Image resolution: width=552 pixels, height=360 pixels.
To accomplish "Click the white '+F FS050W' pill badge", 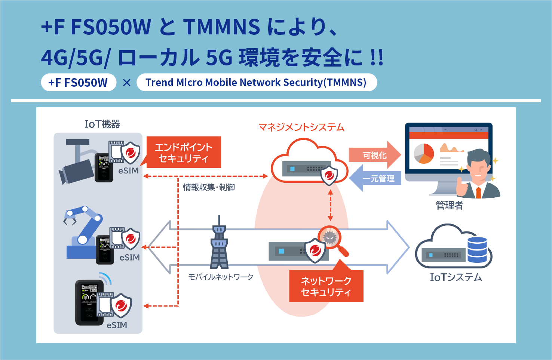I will [x=78, y=82].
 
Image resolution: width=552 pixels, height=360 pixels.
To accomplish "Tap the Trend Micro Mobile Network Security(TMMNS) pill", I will [x=256, y=82].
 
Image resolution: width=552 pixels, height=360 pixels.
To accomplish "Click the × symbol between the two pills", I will [x=127, y=83].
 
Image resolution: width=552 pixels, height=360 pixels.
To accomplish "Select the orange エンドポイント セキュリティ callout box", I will [x=183, y=153].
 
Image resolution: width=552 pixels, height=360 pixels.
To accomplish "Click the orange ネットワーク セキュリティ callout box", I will [x=326, y=286].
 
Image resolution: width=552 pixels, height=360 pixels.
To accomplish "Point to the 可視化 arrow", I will [x=374, y=155].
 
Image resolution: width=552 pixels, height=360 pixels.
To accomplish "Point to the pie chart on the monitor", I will [x=424, y=153].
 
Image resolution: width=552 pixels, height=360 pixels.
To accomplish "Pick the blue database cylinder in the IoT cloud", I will [x=477, y=250].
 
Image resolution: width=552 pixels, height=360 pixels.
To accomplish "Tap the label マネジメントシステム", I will [x=301, y=127].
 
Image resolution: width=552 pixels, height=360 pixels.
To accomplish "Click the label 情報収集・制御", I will [x=209, y=187].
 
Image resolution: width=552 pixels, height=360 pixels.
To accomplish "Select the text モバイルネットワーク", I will [x=221, y=277].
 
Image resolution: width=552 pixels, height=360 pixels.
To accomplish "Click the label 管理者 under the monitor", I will [x=450, y=205].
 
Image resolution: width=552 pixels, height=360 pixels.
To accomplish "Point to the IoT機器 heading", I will [x=102, y=124].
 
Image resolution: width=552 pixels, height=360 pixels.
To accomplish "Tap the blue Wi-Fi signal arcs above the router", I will [x=105, y=278].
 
